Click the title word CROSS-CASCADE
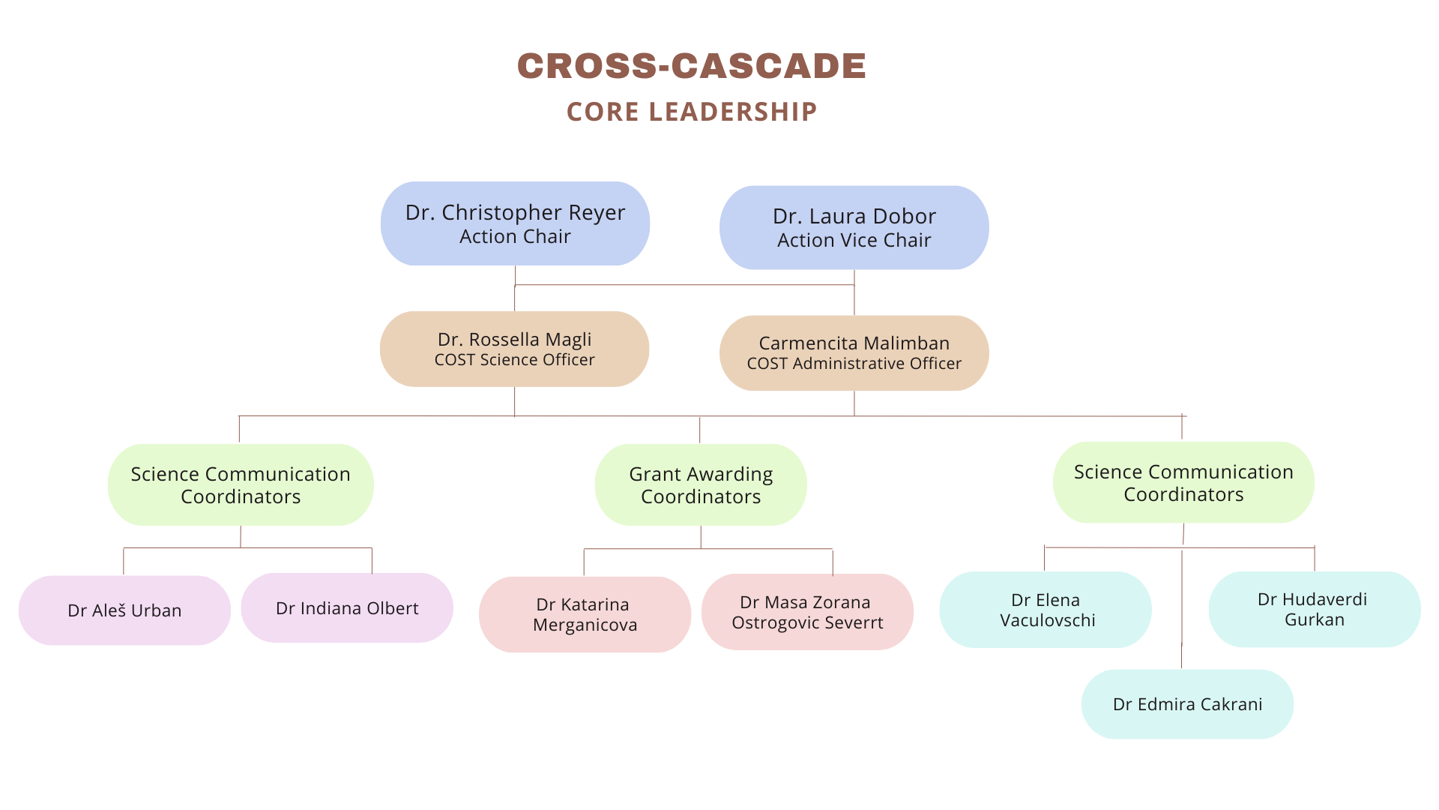691,66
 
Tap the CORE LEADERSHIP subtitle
691,112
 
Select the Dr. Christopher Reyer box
515,223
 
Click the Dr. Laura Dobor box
854,227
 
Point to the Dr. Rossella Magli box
514,349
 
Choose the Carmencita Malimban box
854,352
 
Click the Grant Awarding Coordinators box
701,484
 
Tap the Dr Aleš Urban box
124,610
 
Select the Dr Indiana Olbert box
347,608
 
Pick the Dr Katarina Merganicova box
585,614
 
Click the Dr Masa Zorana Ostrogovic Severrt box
807,612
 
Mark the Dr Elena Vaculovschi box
1046,610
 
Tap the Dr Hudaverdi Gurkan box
1314,609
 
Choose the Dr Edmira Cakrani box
1187,704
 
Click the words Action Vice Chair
854,241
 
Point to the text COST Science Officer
514,360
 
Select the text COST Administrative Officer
854,364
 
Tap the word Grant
654,474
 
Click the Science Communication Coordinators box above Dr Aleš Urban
241,484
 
